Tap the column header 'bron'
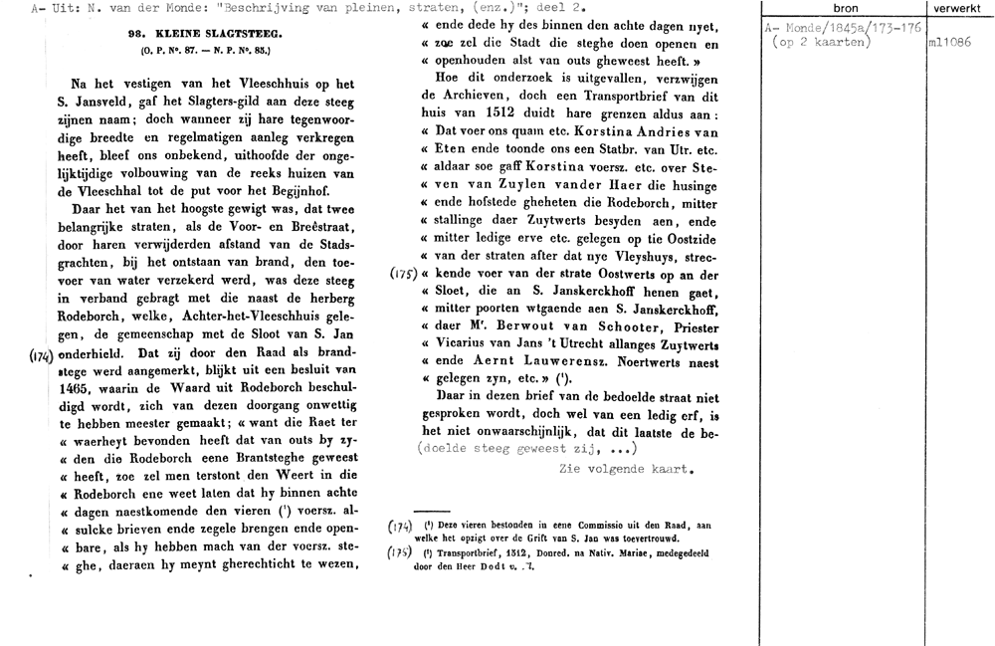845,7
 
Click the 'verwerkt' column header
959,7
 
